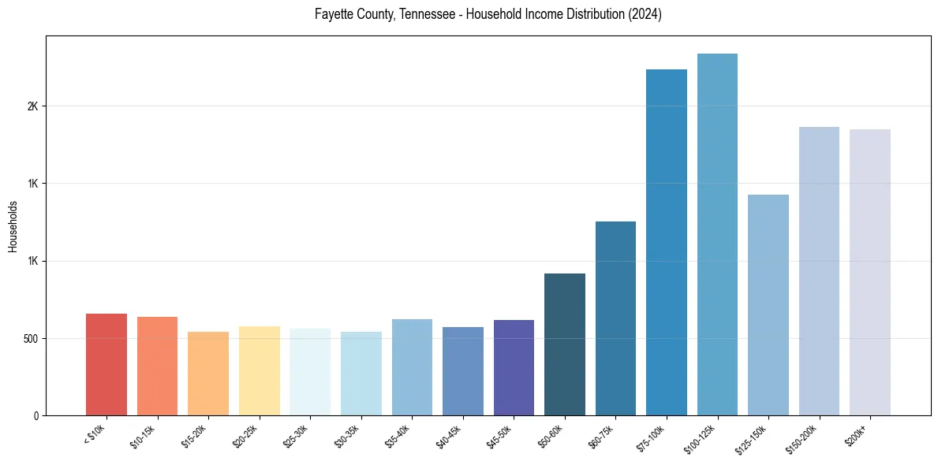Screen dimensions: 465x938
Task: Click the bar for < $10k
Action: (107, 365)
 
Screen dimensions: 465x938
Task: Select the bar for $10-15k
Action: (157, 366)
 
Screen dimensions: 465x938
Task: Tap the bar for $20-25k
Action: (259, 371)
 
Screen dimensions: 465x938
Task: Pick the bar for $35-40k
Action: (412, 367)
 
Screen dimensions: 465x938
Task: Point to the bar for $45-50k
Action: (514, 368)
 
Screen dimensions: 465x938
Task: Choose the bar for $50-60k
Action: (565, 344)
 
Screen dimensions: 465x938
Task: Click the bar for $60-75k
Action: (615, 318)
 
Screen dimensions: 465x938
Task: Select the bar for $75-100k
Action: (667, 243)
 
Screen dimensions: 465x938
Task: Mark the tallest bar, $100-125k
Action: (717, 235)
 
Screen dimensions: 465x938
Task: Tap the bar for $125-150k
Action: (768, 305)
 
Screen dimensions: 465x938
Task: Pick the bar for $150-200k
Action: (819, 271)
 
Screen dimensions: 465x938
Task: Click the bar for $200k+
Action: (870, 273)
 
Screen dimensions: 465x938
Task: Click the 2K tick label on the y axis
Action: (32, 106)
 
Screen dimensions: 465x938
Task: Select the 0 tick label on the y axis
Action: (36, 416)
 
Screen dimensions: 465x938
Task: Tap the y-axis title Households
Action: (13, 226)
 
